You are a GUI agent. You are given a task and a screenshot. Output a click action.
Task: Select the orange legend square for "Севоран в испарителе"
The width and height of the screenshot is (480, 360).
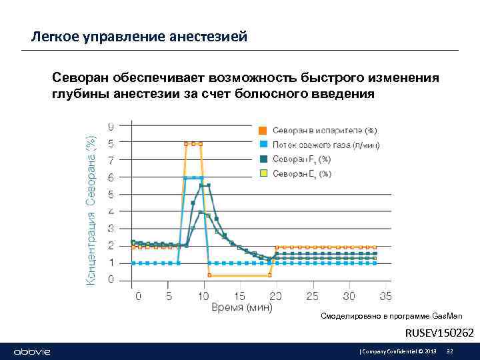pyautogui.click(x=262, y=129)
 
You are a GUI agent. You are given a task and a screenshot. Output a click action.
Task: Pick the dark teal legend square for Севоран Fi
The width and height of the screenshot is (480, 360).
pyautogui.click(x=262, y=159)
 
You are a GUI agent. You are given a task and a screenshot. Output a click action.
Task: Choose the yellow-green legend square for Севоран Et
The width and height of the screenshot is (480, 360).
pyautogui.click(x=262, y=173)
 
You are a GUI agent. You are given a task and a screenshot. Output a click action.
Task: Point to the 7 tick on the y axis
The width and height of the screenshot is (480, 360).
pyautogui.click(x=111, y=160)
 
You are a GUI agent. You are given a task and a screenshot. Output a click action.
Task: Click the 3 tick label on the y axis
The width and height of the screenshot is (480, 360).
pyautogui.click(x=111, y=229)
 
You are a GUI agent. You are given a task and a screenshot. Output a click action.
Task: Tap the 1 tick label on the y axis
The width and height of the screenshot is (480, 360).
pyautogui.click(x=111, y=263)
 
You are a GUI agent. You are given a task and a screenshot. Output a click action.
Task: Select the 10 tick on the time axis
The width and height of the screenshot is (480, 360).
pyautogui.click(x=203, y=295)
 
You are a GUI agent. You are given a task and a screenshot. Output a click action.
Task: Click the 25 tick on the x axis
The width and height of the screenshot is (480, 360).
pyautogui.click(x=312, y=295)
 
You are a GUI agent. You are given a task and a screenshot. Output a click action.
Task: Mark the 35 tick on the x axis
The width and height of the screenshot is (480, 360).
pyautogui.click(x=385, y=295)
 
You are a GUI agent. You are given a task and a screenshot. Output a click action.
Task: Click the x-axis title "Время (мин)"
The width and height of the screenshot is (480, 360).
pyautogui.click(x=241, y=308)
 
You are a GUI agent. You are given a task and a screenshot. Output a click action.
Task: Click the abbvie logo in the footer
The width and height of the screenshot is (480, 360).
pyautogui.click(x=31, y=351)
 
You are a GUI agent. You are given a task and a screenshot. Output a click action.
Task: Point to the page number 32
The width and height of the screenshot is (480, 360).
pyautogui.click(x=449, y=351)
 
